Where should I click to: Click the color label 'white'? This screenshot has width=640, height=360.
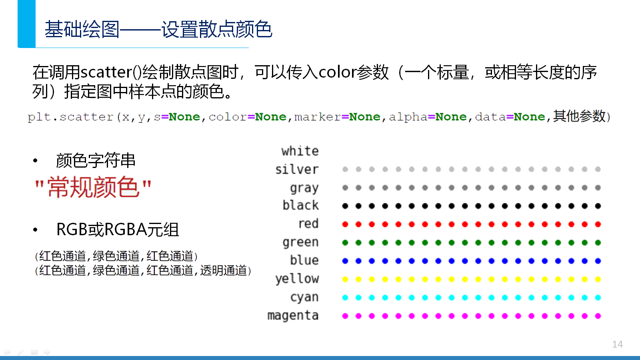(300, 151)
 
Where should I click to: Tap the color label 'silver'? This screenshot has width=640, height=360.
(297, 170)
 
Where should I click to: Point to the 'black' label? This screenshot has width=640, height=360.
(300, 205)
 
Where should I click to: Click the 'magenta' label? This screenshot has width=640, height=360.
(293, 316)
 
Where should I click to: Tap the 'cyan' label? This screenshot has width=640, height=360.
(304, 298)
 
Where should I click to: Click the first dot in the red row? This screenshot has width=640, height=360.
(345, 224)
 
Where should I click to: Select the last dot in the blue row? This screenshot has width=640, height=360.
(598, 261)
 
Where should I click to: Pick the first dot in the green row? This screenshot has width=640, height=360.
(345, 242)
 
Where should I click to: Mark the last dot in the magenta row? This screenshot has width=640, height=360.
(598, 316)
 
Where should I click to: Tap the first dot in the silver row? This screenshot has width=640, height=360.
(345, 170)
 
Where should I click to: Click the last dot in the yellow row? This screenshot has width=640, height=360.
(598, 280)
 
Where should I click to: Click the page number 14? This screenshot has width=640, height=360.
(618, 344)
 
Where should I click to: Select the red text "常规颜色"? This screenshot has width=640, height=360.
(93, 187)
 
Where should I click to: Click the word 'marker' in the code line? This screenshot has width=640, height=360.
(318, 117)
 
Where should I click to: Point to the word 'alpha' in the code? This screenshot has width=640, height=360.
(408, 117)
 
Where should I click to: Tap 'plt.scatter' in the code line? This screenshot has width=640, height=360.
(70, 117)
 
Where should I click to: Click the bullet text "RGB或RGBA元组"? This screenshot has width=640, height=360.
(118, 230)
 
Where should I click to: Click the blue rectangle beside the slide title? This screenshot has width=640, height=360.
(26, 24)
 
